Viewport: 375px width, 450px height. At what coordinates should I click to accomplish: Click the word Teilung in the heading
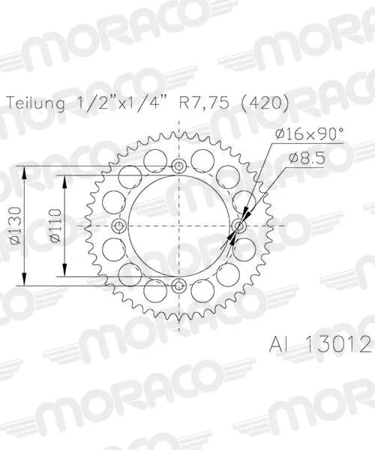35,103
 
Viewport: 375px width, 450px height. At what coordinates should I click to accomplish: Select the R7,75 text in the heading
204,103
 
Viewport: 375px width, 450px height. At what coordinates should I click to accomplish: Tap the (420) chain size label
265,103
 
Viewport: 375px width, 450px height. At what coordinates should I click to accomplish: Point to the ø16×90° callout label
308,133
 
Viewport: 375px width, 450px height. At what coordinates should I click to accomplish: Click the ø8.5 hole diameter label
307,157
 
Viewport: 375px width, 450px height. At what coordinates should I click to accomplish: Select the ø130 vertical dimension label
15,226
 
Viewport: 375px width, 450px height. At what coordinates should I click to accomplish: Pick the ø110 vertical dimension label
55,226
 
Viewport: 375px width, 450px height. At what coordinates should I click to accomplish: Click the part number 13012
338,344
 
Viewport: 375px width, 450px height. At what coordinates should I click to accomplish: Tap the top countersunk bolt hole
179,166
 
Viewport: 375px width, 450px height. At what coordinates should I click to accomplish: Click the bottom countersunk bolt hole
179,286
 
